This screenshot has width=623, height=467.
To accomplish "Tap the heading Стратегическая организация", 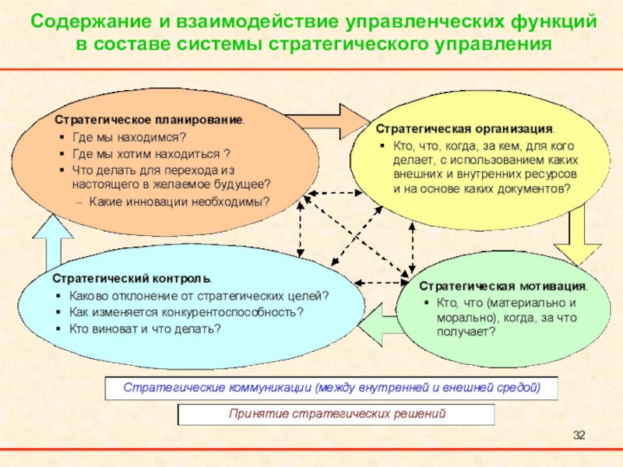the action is click(x=466, y=128).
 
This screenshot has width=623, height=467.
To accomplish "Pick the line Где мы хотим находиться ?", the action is click(x=150, y=153).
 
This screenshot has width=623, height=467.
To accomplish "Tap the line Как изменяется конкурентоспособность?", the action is click(x=186, y=312).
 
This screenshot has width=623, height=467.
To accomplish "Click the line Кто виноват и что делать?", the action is click(x=145, y=328).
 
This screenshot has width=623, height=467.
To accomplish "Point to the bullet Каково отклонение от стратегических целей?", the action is click(x=199, y=296).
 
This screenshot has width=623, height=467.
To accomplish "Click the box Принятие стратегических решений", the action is click(x=336, y=414).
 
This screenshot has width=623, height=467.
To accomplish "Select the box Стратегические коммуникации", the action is click(x=331, y=386).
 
